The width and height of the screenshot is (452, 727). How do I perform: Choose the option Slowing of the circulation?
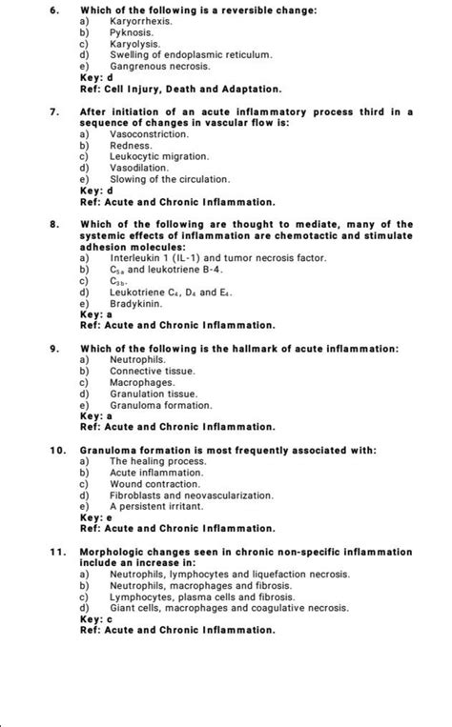(155, 179)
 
